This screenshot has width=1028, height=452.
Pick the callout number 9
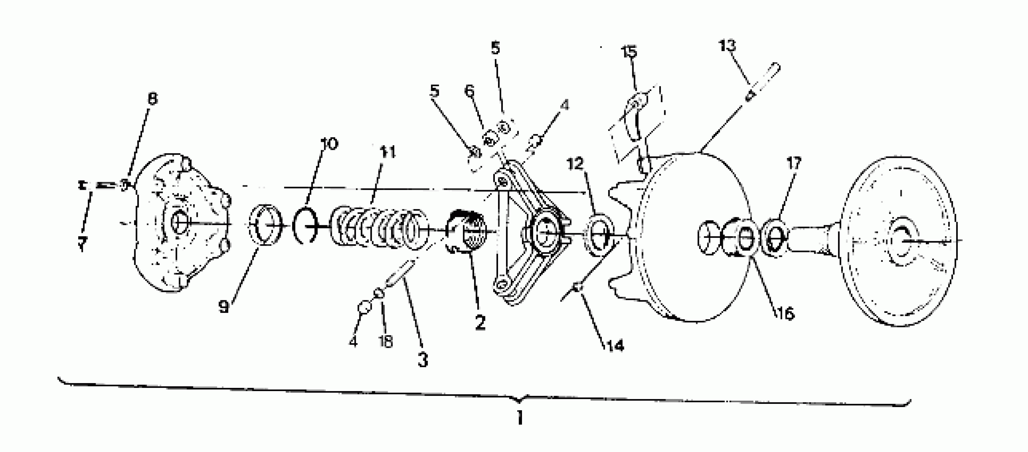(224, 307)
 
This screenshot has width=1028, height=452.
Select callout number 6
(469, 91)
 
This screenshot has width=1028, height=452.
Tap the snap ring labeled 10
(305, 227)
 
